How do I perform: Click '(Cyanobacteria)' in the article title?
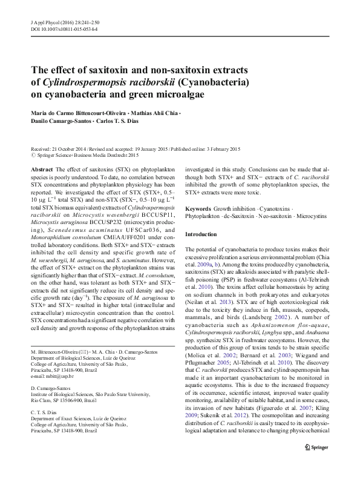(212, 81)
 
